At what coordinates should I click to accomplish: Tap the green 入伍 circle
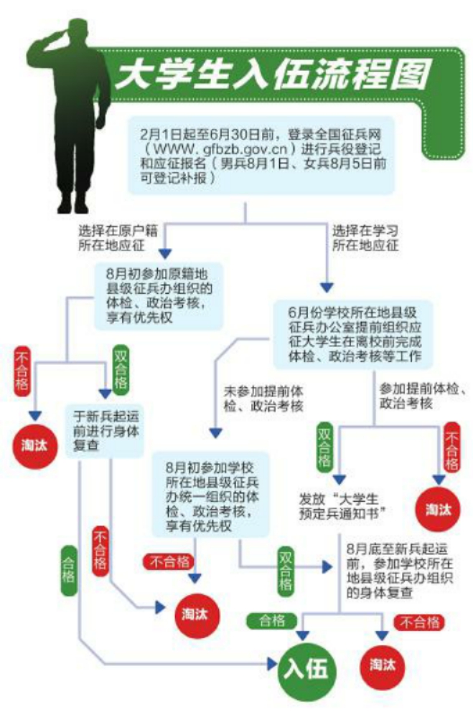click(x=306, y=669)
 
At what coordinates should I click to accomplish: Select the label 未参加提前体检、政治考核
click(x=262, y=399)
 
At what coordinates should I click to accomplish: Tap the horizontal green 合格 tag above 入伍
click(x=269, y=621)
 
